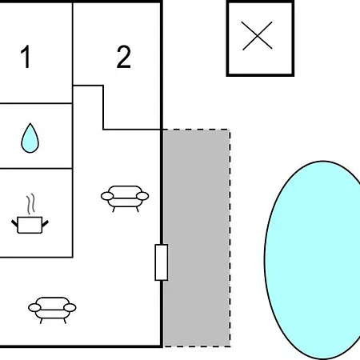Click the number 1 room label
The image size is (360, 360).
[26, 57]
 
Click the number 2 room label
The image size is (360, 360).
[124, 57]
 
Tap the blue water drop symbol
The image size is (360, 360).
[30, 138]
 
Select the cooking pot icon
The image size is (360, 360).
[30, 225]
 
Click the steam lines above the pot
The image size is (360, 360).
[30, 204]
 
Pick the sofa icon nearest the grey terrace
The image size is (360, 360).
[125, 198]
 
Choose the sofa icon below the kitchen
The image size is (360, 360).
[52, 310]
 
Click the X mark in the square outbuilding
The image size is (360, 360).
[258, 36]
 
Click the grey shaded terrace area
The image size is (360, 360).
[197, 238]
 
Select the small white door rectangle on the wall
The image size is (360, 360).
[162, 262]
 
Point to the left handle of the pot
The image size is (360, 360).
[14, 223]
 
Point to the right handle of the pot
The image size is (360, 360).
[46, 224]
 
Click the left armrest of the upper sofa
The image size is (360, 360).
[107, 196]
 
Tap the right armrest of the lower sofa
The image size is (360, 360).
[70, 308]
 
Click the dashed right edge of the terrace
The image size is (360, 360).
[230, 238]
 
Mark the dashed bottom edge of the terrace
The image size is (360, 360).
[197, 346]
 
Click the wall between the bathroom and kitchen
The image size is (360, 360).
[36, 168]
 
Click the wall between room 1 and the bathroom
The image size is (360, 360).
[36, 103]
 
